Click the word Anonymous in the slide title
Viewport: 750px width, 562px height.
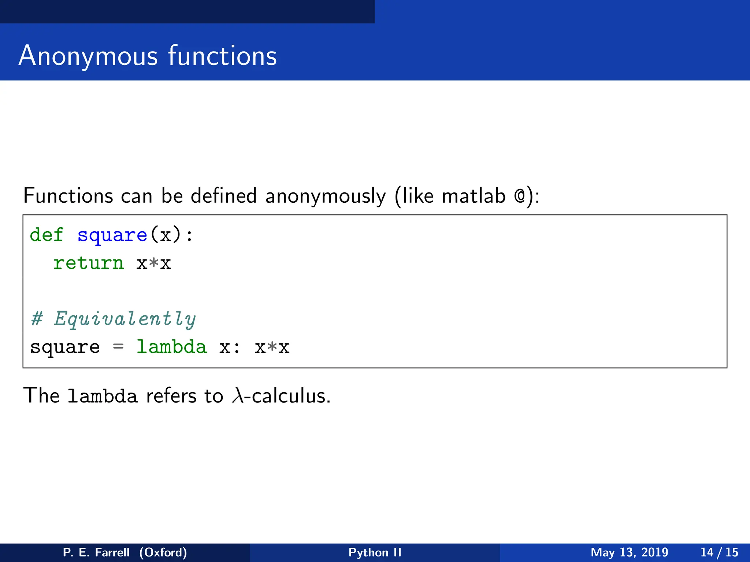(x=88, y=56)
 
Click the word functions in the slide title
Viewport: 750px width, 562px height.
(x=222, y=56)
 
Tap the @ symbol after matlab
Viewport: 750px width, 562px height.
(x=519, y=196)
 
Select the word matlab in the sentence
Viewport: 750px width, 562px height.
(x=474, y=196)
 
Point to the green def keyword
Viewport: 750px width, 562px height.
(x=47, y=235)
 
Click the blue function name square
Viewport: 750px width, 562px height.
(x=112, y=235)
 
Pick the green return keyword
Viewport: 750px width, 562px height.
(x=89, y=263)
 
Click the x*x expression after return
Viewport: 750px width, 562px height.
(x=154, y=263)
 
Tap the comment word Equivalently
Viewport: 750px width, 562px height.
(x=125, y=319)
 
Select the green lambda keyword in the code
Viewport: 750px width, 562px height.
(x=171, y=346)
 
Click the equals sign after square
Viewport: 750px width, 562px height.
(x=118, y=346)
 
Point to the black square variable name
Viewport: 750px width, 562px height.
(x=65, y=347)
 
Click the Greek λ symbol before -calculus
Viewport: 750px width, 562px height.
(x=237, y=396)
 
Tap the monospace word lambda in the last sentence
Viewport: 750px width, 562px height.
(x=103, y=396)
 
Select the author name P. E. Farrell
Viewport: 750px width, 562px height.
(x=96, y=552)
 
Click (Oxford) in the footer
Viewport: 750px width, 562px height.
(x=163, y=552)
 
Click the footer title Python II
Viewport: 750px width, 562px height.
(x=375, y=552)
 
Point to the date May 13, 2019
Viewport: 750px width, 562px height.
(x=629, y=552)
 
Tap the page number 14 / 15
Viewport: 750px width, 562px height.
(x=719, y=552)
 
